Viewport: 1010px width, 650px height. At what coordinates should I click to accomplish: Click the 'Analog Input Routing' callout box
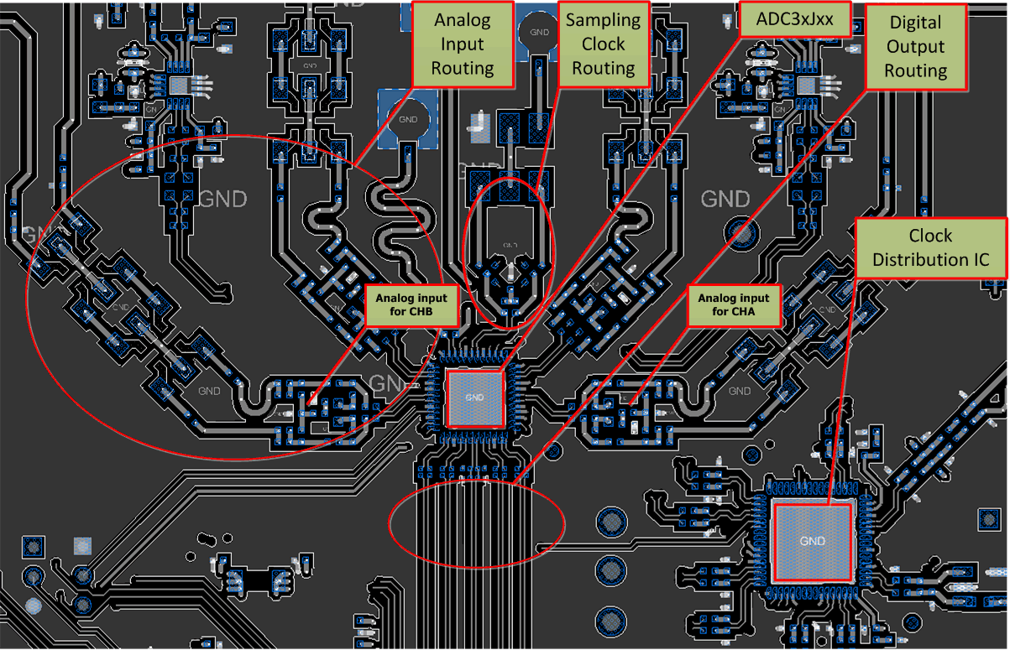coord(462,44)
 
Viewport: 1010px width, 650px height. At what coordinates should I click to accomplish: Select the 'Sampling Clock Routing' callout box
coord(603,44)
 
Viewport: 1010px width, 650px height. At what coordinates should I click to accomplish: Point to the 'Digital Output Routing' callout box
coord(915,47)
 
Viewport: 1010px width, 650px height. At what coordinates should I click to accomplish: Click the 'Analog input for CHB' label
coord(411,304)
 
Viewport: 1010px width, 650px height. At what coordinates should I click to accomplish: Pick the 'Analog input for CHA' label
coord(734,304)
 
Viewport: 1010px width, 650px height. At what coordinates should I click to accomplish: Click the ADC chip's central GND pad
coord(474,398)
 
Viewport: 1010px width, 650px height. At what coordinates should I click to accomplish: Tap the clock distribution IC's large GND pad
coord(814,541)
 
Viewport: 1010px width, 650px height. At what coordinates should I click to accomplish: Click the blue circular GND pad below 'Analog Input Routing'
coord(408,118)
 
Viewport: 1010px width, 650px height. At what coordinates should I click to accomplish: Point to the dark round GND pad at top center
coord(536,32)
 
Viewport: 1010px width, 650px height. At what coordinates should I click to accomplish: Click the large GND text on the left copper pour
coord(223,200)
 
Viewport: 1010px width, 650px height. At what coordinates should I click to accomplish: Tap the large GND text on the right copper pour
coord(725,199)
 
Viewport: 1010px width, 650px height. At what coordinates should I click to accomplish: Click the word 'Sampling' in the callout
coord(603,20)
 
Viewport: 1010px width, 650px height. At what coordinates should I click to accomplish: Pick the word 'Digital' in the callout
coord(915,23)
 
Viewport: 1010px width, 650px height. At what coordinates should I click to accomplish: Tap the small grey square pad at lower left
coord(82,545)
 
